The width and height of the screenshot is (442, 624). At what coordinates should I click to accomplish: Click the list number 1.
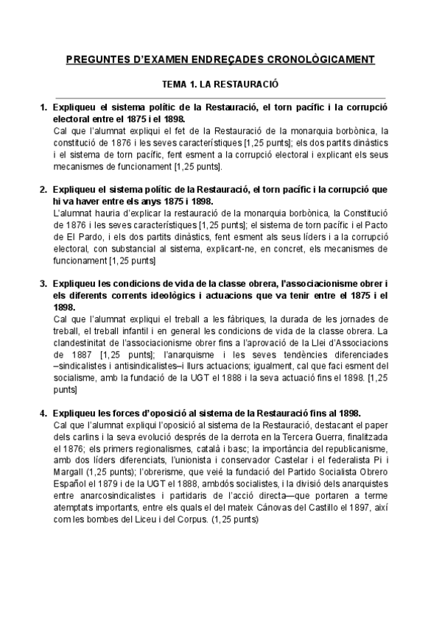[43, 107]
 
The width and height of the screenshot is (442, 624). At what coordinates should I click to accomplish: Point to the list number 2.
[43, 189]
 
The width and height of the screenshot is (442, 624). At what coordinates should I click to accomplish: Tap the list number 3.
[43, 284]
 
